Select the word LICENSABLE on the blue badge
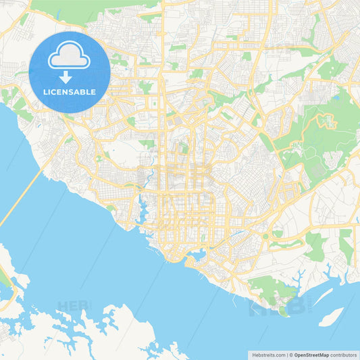click(x=70, y=92)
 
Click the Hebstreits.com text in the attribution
click(x=265, y=354)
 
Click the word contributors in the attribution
click(x=343, y=354)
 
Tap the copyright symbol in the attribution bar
click(x=289, y=354)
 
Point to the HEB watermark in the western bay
click(x=73, y=307)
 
